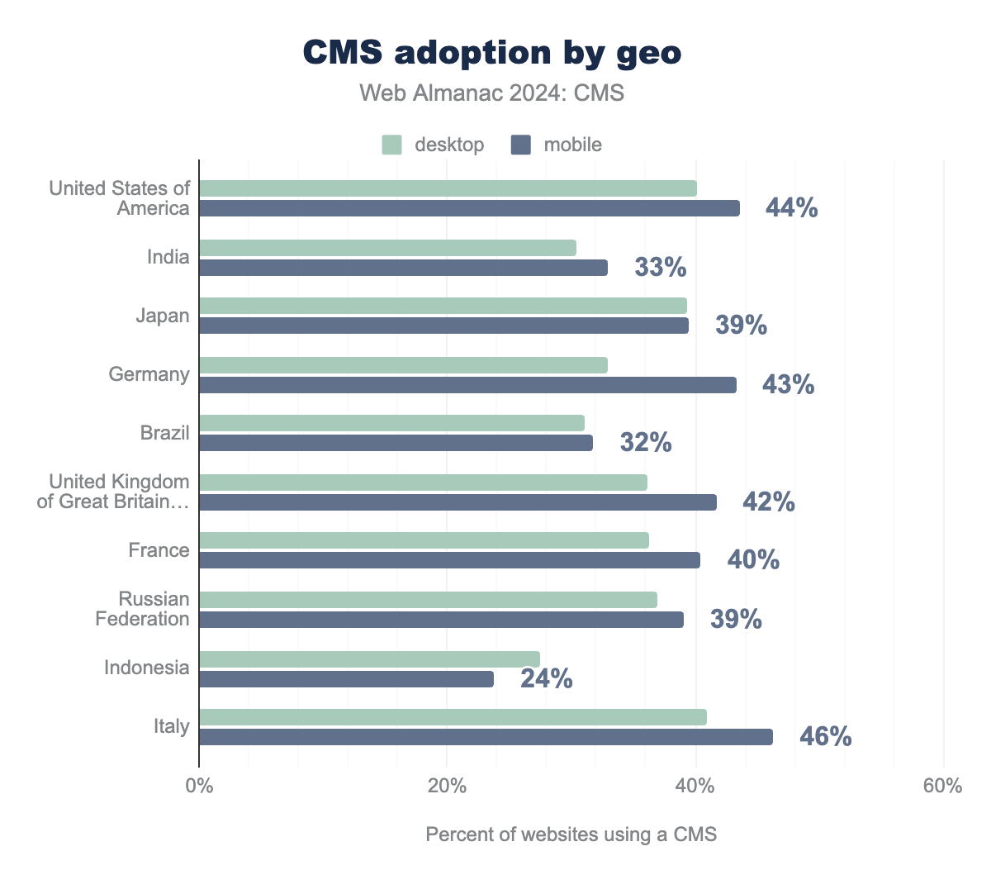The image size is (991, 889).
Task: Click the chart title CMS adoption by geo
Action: tap(492, 53)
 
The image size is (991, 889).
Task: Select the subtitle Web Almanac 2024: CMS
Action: tap(492, 93)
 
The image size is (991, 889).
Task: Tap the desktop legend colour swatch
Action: tap(391, 145)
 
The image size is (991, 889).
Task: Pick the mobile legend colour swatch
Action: tap(520, 145)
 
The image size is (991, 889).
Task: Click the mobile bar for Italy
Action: tap(486, 737)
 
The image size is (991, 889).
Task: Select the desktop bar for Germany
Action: tap(403, 365)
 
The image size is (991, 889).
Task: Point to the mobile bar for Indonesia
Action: tap(346, 679)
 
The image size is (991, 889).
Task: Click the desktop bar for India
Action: tap(387, 248)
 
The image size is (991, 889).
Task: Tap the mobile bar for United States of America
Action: tap(469, 208)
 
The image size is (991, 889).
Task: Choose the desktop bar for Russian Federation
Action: tap(428, 600)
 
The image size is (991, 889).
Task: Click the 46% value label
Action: tap(825, 737)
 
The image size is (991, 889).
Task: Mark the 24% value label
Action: tap(546, 679)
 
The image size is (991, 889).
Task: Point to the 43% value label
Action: tap(788, 385)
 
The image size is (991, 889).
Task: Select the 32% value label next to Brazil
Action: tap(646, 443)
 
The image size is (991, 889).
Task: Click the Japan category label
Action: tap(163, 316)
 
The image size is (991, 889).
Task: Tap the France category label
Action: tap(159, 550)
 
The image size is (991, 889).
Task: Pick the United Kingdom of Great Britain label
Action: tap(113, 492)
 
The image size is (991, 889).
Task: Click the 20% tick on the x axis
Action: tap(447, 786)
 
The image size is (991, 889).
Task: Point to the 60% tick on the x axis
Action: tap(942, 786)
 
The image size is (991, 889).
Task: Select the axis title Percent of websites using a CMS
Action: tap(571, 834)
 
